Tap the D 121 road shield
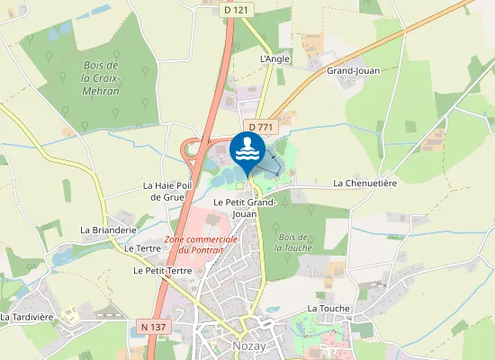[x=236, y=9]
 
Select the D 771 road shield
[x=259, y=128]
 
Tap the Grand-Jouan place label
[x=354, y=70]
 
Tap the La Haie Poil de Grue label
[x=168, y=191]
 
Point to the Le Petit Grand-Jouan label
[x=244, y=209]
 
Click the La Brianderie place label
[x=108, y=230]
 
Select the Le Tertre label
[x=141, y=247]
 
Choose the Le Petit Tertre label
[x=162, y=270]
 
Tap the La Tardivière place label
[x=27, y=317]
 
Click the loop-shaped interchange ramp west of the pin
[x=192, y=152]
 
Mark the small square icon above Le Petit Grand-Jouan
[x=240, y=186]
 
